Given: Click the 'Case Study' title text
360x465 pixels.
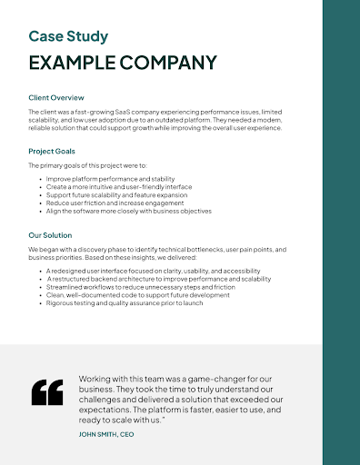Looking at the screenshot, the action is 68,36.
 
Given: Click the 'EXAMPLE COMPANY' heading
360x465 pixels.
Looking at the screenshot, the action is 123,63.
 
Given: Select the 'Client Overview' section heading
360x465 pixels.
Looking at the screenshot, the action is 56,97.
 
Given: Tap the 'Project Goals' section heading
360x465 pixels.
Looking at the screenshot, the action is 52,151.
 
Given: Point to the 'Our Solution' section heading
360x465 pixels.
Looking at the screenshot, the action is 50,234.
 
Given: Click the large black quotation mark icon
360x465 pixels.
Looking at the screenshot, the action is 46,391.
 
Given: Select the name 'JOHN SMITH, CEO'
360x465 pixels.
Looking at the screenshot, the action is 106,434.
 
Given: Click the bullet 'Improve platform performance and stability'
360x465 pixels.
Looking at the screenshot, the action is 108,180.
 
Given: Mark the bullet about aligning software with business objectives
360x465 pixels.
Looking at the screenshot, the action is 128,211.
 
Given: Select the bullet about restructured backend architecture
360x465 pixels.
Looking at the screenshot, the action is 158,279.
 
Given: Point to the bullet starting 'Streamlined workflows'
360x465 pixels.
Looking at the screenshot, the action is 136,287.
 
